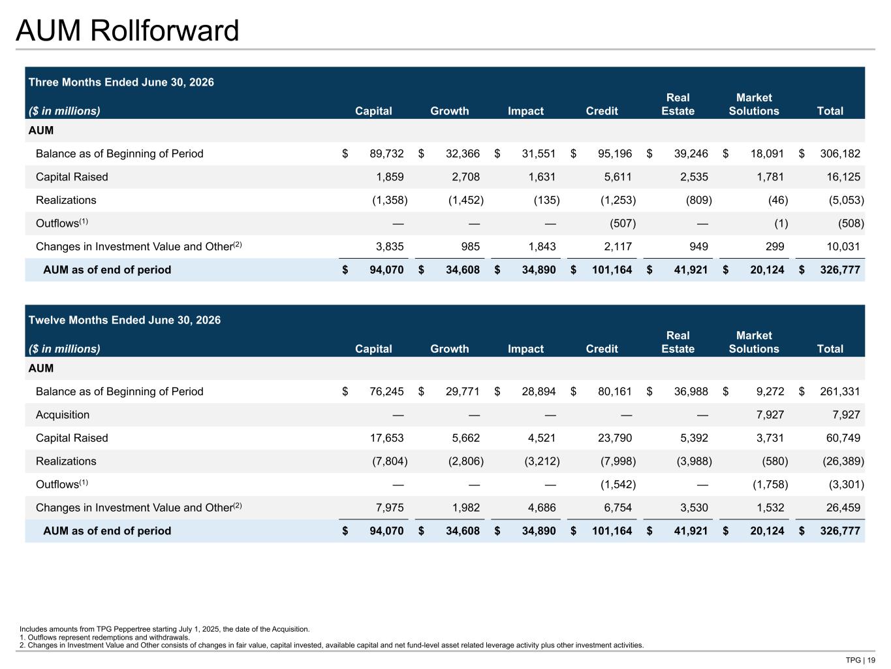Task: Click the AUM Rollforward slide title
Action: [127, 31]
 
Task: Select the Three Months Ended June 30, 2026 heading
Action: [121, 82]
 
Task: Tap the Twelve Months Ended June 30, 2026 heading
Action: [124, 319]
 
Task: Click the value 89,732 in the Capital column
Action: [386, 154]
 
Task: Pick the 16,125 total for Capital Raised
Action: [843, 176]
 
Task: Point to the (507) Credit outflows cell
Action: [623, 223]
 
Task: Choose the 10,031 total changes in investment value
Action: [843, 246]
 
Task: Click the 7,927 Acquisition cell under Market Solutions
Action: [770, 415]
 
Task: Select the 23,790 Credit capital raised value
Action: [615, 438]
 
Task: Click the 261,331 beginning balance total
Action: [840, 391]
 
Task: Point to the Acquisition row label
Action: [63, 415]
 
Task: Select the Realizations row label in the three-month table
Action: [66, 201]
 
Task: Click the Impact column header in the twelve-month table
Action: [525, 349]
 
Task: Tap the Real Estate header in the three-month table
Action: [678, 105]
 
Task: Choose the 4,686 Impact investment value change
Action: [542, 508]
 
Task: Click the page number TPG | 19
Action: [860, 660]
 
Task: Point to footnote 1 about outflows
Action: [104, 638]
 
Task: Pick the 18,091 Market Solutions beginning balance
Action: [767, 154]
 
